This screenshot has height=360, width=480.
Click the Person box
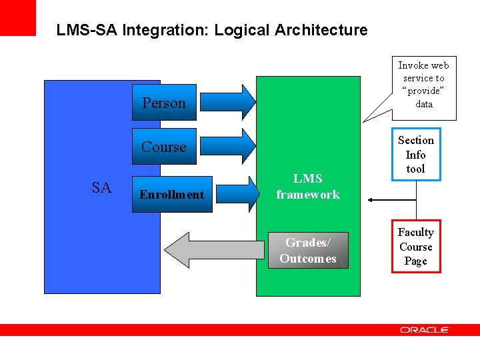(x=164, y=103)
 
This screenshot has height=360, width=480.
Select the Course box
(x=164, y=147)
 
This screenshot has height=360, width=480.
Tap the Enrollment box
(x=171, y=195)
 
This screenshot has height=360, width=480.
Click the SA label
(x=101, y=188)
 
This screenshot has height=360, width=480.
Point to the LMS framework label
(x=308, y=187)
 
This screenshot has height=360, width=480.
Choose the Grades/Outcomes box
(x=308, y=250)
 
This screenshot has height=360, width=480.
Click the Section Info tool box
(x=415, y=155)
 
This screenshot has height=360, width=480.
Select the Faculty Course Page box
(x=415, y=247)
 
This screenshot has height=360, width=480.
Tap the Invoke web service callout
(x=423, y=85)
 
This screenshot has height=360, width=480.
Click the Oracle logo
(x=424, y=330)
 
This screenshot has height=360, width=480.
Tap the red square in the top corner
(x=17, y=17)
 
